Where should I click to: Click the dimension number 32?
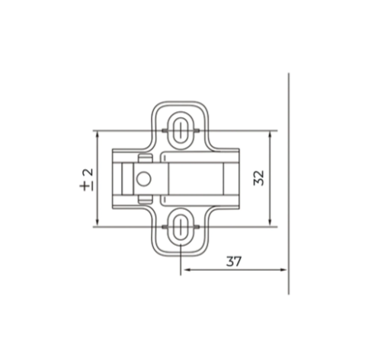pos(259,178)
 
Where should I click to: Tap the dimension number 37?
pos(234,261)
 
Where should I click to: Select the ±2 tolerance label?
pos(86,180)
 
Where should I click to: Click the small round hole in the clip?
pos(143,179)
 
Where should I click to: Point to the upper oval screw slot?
pos(181,130)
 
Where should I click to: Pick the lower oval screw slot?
pos(181,227)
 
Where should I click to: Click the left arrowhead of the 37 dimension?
pos(186,269)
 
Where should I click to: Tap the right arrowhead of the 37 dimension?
pos(283,269)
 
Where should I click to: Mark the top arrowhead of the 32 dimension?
pos(270,135)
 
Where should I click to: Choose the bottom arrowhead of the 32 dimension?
pos(270,223)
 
